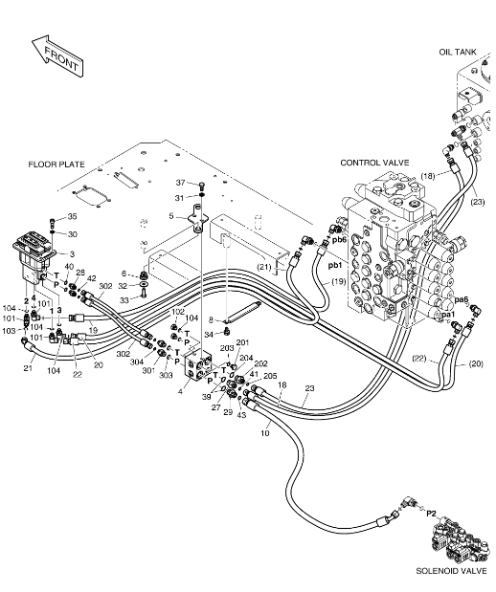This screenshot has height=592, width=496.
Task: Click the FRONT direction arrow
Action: [56, 56]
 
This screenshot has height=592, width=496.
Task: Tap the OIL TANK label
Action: [458, 52]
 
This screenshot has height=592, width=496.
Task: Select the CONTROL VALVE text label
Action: [374, 163]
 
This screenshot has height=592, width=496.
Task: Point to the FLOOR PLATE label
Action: [56, 164]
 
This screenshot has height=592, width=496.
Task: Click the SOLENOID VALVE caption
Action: [451, 570]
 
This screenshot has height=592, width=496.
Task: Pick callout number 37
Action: [181, 183]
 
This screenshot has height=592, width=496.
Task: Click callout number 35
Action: [72, 216]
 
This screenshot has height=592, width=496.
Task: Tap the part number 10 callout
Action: [265, 433]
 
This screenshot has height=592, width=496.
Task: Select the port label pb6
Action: [340, 239]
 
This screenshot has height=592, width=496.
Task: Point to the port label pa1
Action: [448, 314]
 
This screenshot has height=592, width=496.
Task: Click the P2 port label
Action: [431, 514]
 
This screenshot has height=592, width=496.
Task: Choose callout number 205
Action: [270, 376]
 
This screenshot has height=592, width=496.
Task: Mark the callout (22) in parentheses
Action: [419, 359]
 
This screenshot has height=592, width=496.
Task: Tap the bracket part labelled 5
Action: [197, 218]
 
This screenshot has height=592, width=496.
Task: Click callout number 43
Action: [241, 415]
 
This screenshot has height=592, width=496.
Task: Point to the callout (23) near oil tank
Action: [478, 202]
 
